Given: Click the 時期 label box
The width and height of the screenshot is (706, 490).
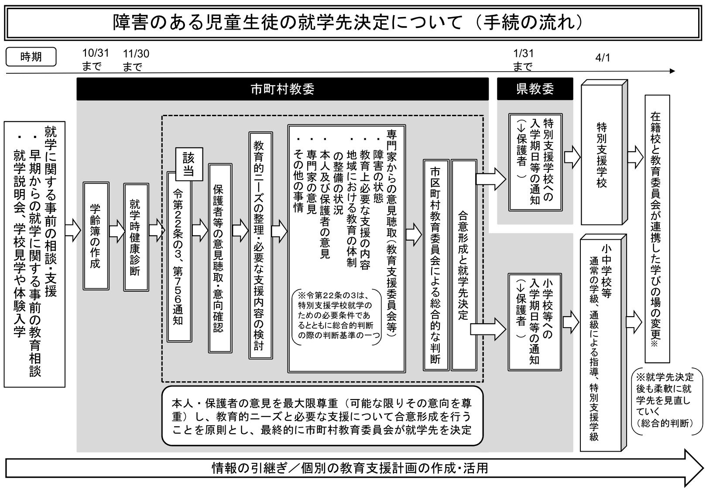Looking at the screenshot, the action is [31, 57].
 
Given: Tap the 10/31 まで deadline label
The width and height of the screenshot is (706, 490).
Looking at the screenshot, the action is [96, 60].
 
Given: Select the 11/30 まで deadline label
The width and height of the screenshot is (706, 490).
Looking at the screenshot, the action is [136, 60].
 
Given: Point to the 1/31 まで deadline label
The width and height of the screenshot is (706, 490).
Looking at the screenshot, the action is [523, 60].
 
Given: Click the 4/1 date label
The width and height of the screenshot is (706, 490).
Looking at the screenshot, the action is [603, 58].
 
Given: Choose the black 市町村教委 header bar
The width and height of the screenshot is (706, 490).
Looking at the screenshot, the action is [282, 89].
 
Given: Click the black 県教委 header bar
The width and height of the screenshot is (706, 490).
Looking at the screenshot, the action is [535, 89].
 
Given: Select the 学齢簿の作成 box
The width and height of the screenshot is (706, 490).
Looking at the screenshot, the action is [96, 236].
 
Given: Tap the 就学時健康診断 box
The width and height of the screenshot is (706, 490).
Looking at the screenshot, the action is [136, 237].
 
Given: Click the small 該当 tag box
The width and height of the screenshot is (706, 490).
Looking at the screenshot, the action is [189, 164].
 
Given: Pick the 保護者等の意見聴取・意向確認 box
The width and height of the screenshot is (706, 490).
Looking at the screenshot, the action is [220, 258].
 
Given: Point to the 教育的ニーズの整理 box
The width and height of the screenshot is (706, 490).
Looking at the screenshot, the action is [260, 245].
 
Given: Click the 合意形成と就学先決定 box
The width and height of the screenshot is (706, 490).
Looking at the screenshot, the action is [464, 265].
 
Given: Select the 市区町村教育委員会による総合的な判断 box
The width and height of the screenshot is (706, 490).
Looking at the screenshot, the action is [436, 265].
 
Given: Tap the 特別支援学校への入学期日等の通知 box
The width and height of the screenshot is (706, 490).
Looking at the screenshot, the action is [535, 162].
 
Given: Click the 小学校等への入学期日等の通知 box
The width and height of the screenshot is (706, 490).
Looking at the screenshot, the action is [535, 322].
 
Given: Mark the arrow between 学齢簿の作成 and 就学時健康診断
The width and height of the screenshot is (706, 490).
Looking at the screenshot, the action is [117, 231].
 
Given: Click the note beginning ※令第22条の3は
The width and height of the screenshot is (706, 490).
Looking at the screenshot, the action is [336, 317].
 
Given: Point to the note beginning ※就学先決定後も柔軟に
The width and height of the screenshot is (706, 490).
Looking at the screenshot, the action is [667, 401].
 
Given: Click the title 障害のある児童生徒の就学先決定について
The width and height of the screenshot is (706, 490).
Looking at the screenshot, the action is [287, 23].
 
